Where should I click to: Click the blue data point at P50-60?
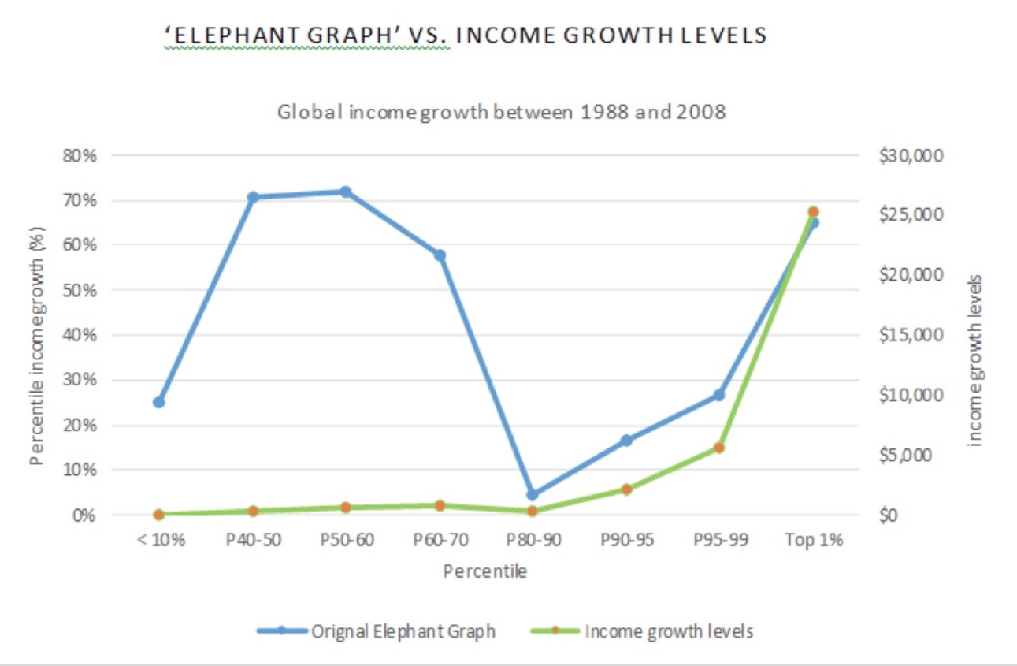pos(345,192)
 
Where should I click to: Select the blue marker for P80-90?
pos(533,495)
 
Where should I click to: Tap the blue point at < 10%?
pos(159,402)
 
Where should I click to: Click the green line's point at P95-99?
pos(719,448)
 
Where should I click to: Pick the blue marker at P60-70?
pos(440,255)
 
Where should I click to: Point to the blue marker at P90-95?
pos(626,441)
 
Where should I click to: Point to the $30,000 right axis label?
pos(909,155)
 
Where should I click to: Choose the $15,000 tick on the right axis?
pos(909,335)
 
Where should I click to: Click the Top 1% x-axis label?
pos(814,541)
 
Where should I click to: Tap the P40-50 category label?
pos(253,541)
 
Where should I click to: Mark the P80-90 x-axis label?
pos(533,541)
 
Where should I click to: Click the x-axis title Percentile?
pos(484,571)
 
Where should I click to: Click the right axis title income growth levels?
pos(974,360)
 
